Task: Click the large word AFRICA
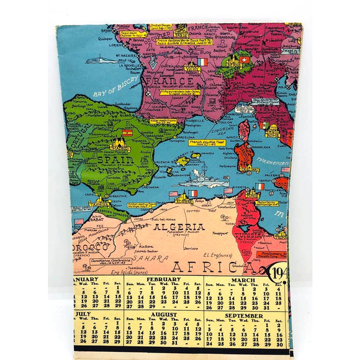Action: [x=214, y=267]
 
